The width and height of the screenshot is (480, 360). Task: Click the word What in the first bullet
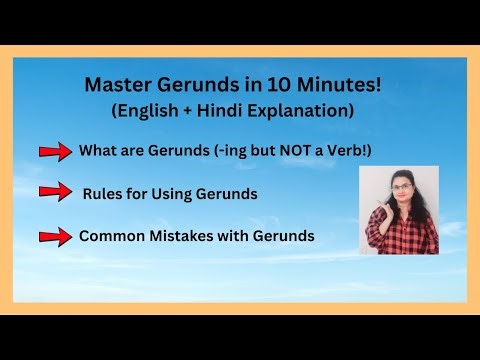point(96,152)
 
